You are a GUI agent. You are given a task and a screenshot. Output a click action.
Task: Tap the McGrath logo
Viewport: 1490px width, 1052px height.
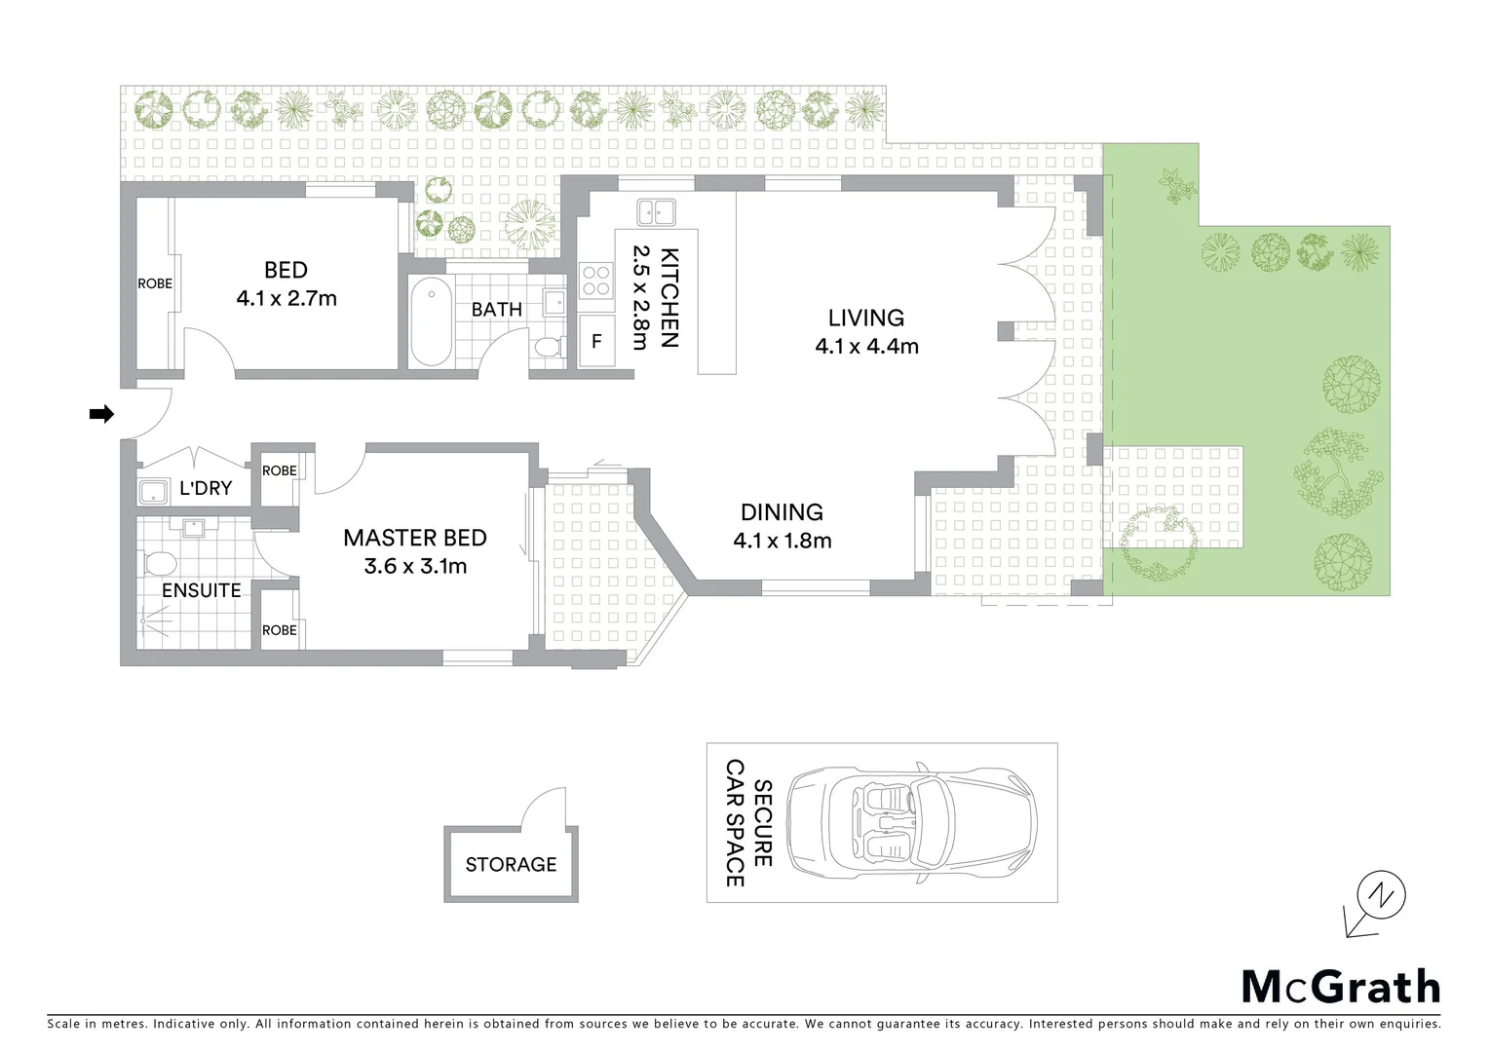point(1340,987)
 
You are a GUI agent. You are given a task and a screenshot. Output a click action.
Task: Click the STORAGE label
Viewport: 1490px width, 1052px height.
point(511,864)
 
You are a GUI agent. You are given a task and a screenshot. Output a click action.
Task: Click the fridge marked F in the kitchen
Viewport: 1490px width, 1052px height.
point(596,342)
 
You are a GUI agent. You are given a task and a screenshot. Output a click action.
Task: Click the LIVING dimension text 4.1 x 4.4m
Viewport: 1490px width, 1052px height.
point(866,345)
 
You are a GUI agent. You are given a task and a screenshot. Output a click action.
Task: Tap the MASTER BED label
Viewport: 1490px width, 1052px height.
point(415,538)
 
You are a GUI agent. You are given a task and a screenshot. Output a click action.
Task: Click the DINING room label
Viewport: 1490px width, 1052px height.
point(782,511)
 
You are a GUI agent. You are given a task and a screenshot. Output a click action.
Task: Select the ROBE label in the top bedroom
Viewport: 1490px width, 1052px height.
point(154,284)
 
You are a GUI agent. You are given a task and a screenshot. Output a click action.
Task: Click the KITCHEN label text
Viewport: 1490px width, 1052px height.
point(669,298)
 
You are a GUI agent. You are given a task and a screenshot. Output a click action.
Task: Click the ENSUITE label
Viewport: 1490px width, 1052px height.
point(201,590)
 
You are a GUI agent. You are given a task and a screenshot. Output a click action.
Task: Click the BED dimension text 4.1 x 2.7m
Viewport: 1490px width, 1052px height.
point(287,299)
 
